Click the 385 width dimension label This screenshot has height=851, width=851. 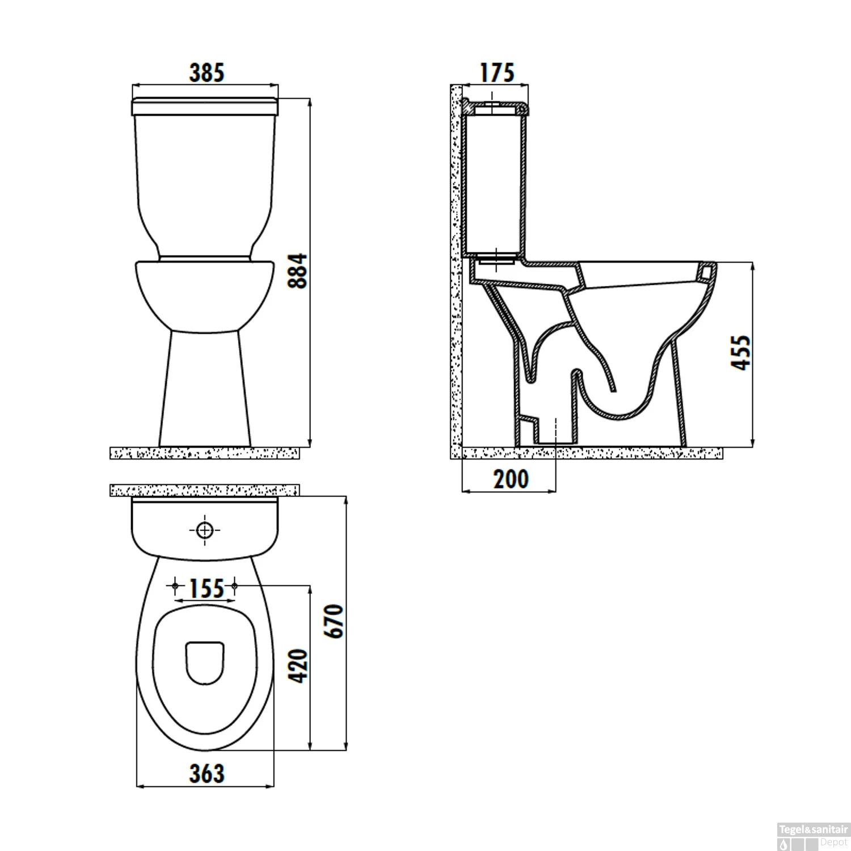pyautogui.click(x=207, y=73)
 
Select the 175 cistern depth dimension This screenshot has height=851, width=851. pyautogui.click(x=497, y=73)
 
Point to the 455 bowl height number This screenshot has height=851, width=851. pyautogui.click(x=740, y=353)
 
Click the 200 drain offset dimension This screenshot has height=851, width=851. pyautogui.click(x=511, y=479)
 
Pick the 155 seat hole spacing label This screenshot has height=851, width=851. pyautogui.click(x=206, y=589)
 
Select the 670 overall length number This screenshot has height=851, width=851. pyautogui.click(x=335, y=621)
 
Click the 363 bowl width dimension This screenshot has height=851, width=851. pyautogui.click(x=207, y=773)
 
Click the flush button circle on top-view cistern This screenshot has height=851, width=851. pyautogui.click(x=204, y=530)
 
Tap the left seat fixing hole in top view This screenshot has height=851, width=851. pyautogui.click(x=175, y=585)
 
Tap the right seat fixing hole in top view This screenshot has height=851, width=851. pyautogui.click(x=234, y=585)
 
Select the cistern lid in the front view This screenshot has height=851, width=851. pyautogui.click(x=205, y=107)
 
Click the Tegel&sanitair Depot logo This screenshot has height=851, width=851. pyautogui.click(x=813, y=835)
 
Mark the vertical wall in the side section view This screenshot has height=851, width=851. pyautogui.click(x=456, y=267)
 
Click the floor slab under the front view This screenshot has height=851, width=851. pyautogui.click(x=204, y=453)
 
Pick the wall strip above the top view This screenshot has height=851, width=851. pyautogui.click(x=204, y=490)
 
